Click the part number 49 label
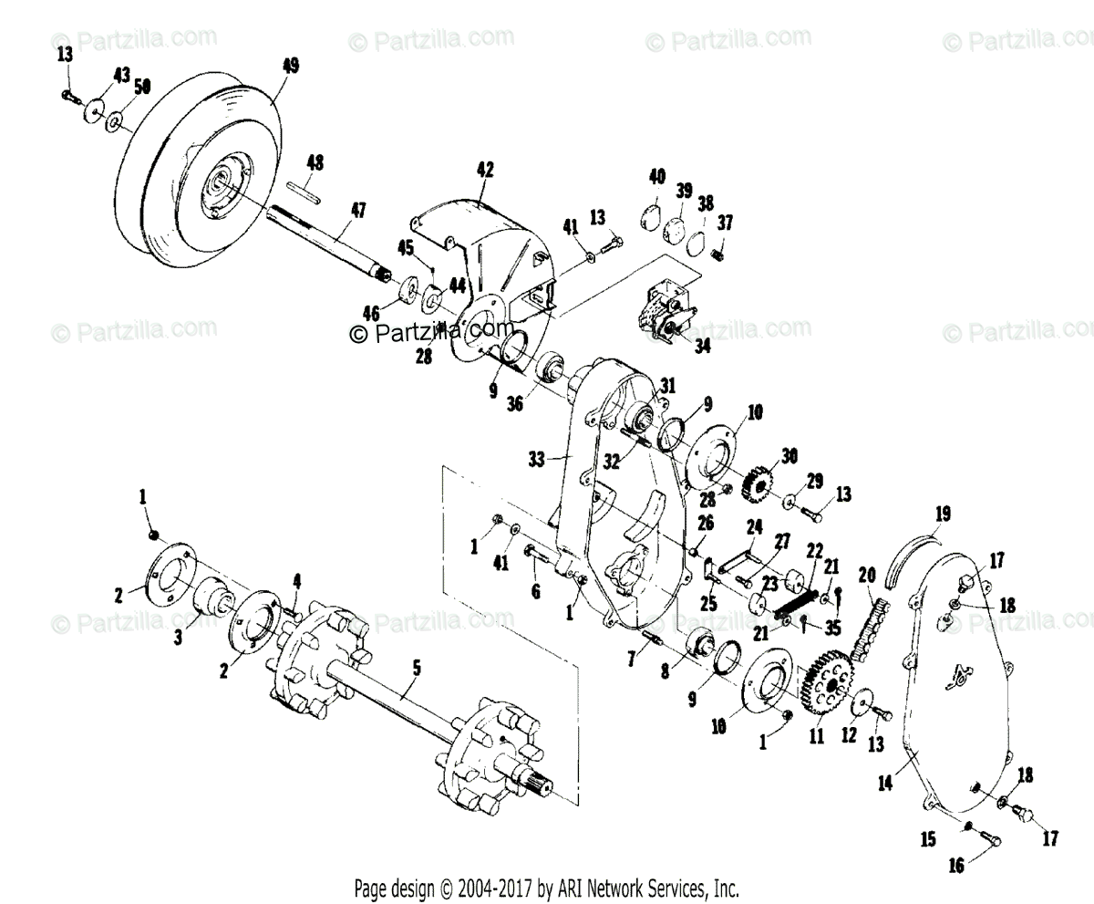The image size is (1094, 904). click(x=291, y=66)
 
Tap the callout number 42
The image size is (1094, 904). click(x=484, y=170)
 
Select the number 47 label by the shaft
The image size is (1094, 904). click(x=357, y=211)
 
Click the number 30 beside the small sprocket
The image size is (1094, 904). click(x=790, y=456)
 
